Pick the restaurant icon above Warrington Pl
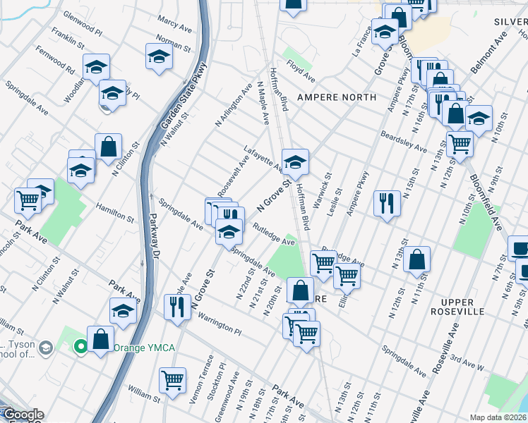coord(176,306)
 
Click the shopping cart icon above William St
coord(172,380)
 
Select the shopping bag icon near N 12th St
coord(419,259)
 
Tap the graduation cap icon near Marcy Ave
coord(159,56)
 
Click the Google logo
coord(23,415)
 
